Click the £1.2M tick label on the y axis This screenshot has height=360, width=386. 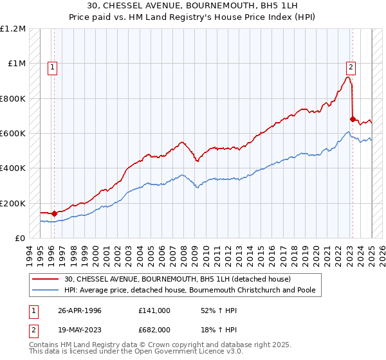click(14, 29)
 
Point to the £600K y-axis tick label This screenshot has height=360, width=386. click(14, 134)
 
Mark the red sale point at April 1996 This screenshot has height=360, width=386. click(55, 213)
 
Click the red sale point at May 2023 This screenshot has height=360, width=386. click(353, 119)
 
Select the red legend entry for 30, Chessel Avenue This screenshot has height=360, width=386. click(178, 278)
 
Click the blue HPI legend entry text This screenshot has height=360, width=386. click(190, 290)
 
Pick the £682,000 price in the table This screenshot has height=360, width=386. click(154, 330)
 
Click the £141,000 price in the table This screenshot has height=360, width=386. click(154, 310)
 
